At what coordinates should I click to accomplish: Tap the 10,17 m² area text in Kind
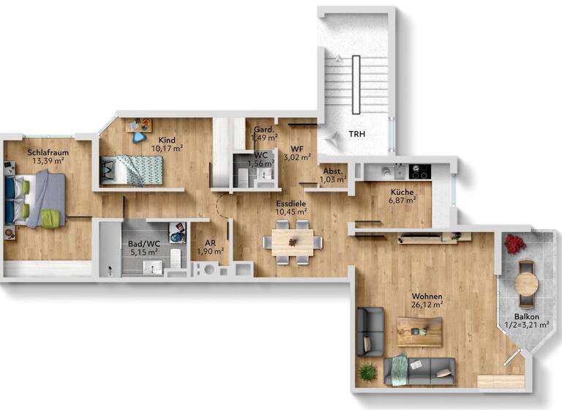tap(167, 147)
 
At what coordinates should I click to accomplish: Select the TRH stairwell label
tap(356, 135)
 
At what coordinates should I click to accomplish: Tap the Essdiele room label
tap(291, 203)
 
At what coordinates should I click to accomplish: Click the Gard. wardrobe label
tap(263, 129)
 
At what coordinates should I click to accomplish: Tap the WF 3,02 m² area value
tap(296, 156)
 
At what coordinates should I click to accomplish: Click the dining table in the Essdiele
tap(293, 239)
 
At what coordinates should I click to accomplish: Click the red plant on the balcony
tap(514, 244)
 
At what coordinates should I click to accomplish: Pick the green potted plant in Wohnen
tap(368, 372)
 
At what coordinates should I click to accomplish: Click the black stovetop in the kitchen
tap(419, 171)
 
